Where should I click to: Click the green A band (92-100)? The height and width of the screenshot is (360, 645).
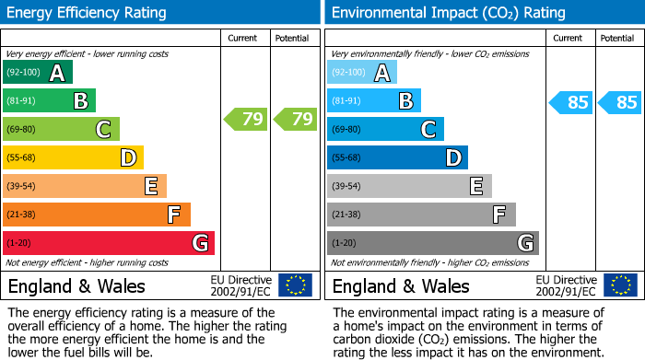tap(38, 73)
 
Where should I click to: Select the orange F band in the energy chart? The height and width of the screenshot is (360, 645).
tap(97, 215)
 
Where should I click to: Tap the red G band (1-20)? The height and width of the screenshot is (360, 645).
tap(109, 243)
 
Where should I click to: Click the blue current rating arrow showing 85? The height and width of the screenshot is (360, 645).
tap(570, 102)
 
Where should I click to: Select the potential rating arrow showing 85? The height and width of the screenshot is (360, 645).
tap(619, 102)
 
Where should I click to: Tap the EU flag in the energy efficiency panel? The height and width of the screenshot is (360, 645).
tap(295, 285)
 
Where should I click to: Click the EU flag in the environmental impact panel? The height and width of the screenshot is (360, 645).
tap(619, 285)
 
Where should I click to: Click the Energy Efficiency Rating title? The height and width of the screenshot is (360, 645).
tap(88, 13)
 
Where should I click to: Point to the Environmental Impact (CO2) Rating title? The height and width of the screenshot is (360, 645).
tap(449, 13)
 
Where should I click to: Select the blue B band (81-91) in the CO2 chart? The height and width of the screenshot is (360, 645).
tap(374, 101)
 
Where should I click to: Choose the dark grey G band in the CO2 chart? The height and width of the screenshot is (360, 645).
tap(433, 243)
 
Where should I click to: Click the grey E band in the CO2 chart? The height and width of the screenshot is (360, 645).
tap(409, 186)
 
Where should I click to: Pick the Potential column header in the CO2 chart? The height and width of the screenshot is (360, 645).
tap(617, 39)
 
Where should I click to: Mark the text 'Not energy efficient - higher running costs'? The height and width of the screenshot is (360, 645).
tap(88, 262)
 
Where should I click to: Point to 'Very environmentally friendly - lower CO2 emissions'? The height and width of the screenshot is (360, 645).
tap(429, 54)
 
